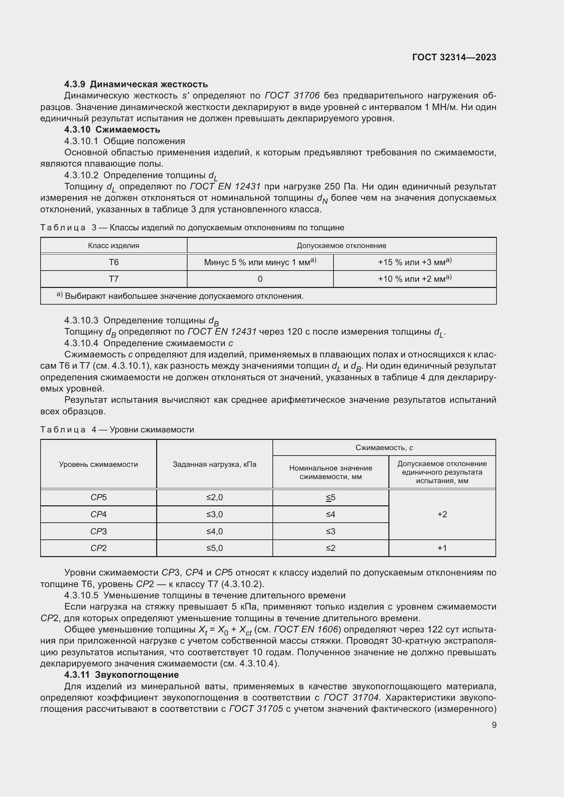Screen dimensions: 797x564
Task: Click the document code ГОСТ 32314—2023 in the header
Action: [454, 57]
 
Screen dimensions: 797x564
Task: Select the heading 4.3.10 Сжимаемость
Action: [112, 130]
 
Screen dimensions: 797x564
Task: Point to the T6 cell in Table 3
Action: [114, 262]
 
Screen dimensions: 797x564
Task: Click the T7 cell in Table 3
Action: [114, 279]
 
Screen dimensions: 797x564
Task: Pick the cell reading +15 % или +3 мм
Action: [414, 262]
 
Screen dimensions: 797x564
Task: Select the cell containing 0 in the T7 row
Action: [260, 279]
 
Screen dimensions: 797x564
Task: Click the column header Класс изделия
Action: [114, 246]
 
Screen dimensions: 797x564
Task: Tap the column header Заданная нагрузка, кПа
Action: [214, 464]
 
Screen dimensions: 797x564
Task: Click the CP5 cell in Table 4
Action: [98, 498]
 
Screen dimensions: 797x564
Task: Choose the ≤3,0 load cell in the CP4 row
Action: [214, 515]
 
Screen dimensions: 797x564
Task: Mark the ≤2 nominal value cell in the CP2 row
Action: [330, 548]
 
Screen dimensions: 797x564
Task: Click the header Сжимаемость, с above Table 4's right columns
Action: [384, 448]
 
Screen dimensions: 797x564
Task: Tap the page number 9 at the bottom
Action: [494, 725]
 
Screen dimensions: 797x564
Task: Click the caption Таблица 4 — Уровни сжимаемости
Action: [117, 430]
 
